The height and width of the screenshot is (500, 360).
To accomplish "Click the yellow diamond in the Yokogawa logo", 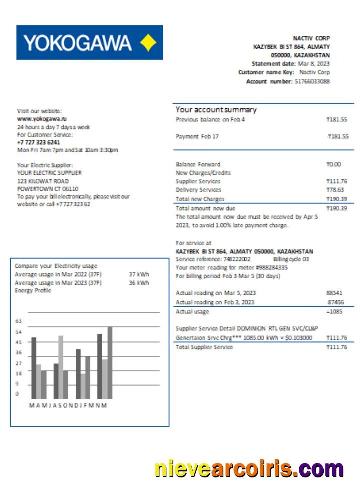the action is click(x=148, y=43).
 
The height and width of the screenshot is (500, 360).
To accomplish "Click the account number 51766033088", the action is click(x=312, y=81).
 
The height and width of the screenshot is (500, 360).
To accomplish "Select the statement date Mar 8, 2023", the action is click(x=314, y=64).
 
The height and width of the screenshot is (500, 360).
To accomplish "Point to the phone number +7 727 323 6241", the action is click(x=38, y=142).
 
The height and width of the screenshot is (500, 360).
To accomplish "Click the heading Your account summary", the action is click(x=216, y=110).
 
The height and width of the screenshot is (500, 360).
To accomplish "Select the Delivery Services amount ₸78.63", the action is click(x=336, y=190).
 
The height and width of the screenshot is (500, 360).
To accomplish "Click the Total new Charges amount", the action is click(x=336, y=199).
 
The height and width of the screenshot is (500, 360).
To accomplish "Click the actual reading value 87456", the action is click(x=335, y=302).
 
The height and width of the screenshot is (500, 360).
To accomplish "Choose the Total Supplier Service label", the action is click(x=204, y=347).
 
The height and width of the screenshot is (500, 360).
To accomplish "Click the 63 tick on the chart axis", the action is click(x=19, y=321).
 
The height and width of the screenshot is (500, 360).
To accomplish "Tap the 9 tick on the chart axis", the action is click(x=17, y=384).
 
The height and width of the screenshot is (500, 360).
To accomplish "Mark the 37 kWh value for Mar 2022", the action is click(x=139, y=274).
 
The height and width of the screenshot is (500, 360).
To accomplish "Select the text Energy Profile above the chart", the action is click(x=33, y=291).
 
